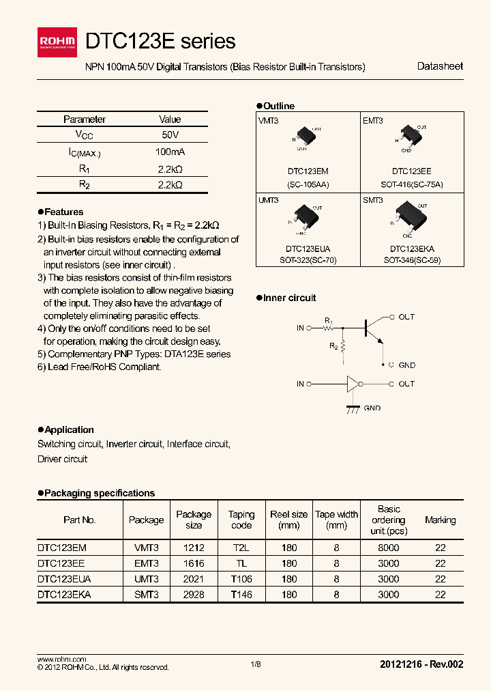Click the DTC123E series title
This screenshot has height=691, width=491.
[x=161, y=41]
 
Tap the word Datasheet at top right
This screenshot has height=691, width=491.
[x=440, y=66]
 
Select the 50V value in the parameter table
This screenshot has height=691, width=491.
[x=170, y=135]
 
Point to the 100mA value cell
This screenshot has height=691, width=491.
[x=170, y=152]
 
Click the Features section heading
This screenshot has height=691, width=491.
[x=63, y=212]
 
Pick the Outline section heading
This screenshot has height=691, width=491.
[x=278, y=106]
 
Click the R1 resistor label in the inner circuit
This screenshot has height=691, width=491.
[x=329, y=320]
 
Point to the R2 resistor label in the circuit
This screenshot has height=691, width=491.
[x=333, y=346]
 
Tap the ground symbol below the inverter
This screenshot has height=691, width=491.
[x=353, y=408]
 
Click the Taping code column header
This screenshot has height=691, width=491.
[x=241, y=520]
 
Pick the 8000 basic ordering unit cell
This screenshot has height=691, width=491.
[x=389, y=548]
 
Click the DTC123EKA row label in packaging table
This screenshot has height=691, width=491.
[x=64, y=595]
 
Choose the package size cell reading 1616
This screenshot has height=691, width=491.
[x=194, y=563]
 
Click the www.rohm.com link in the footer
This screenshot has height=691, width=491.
[x=57, y=659]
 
